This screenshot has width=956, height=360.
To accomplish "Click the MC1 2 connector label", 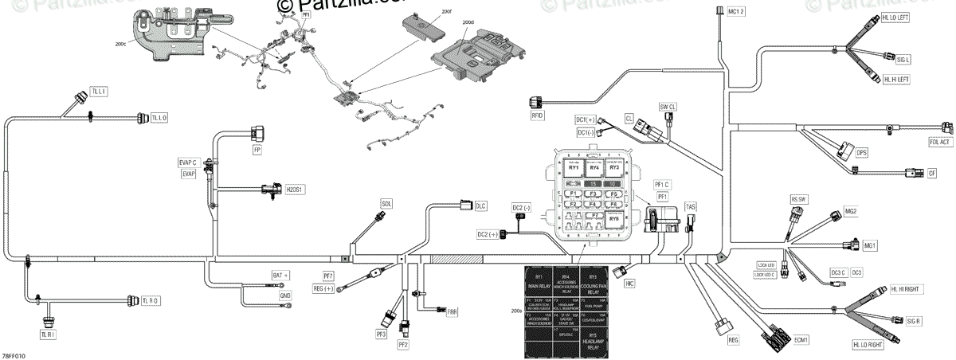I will tap(735, 10).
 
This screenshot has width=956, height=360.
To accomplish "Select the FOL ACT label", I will tap(938, 143).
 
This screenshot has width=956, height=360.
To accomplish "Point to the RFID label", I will tap(537, 115).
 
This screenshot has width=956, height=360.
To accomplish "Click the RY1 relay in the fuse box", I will tap(574, 167).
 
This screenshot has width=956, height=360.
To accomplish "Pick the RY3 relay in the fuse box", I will tap(613, 167).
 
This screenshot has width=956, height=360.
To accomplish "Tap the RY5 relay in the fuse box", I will tap(613, 218).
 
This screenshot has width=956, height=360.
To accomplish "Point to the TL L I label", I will tap(100, 92).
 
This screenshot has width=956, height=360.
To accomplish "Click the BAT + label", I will tap(281, 275).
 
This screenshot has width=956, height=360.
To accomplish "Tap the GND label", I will tap(284, 295).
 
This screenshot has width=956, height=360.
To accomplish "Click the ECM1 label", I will tap(801, 339).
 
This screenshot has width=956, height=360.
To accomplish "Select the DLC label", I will tap(480, 184).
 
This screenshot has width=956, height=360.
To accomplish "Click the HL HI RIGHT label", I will tap(906, 289).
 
